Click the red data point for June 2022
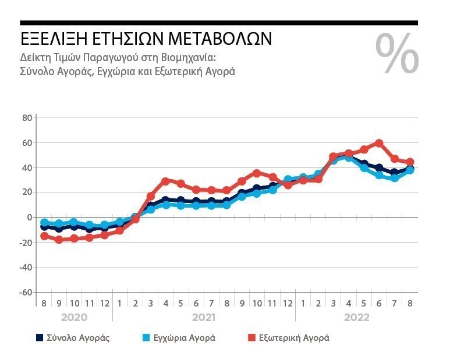click(379, 143)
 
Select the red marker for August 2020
click(44, 236)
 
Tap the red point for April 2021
click(165, 181)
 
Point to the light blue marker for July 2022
click(394, 178)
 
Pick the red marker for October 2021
click(257, 173)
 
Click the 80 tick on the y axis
click(26, 117)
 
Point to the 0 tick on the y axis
click(29, 218)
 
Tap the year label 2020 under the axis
click(75, 318)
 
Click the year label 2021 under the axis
click(204, 318)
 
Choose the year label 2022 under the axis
click(356, 318)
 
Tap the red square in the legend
click(252, 337)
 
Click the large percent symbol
click(397, 54)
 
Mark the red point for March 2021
click(151, 197)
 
